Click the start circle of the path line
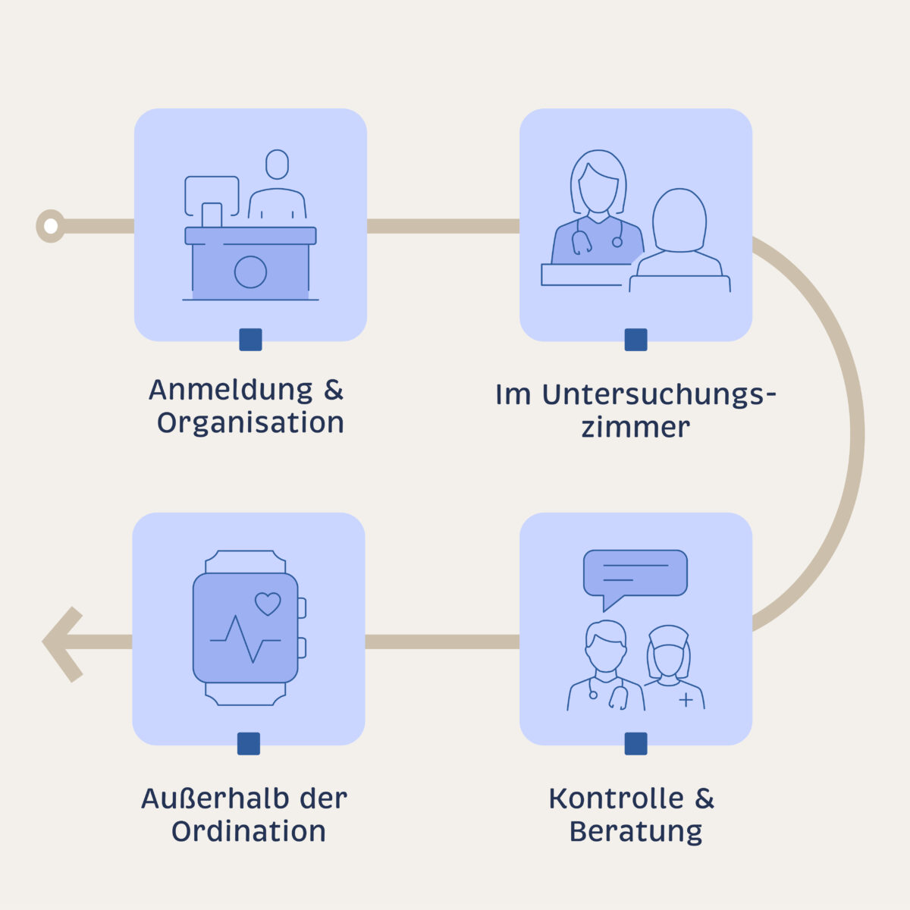pyautogui.click(x=50, y=226)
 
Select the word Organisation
pyautogui.click(x=250, y=423)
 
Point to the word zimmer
pyautogui.click(x=635, y=427)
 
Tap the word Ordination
pyautogui.click(x=249, y=831)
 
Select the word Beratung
pyautogui.click(x=635, y=831)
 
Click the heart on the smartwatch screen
pyautogui.click(x=268, y=604)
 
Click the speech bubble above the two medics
pyautogui.click(x=635, y=574)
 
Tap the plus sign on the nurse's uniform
pyautogui.click(x=686, y=699)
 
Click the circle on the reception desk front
pyautogui.click(x=250, y=271)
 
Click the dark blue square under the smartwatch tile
pyautogui.click(x=249, y=744)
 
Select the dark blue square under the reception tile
pyautogui.click(x=250, y=340)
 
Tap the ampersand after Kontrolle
pyautogui.click(x=704, y=799)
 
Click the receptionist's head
pyautogui.click(x=278, y=165)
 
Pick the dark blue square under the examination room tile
pyautogui.click(x=635, y=340)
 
